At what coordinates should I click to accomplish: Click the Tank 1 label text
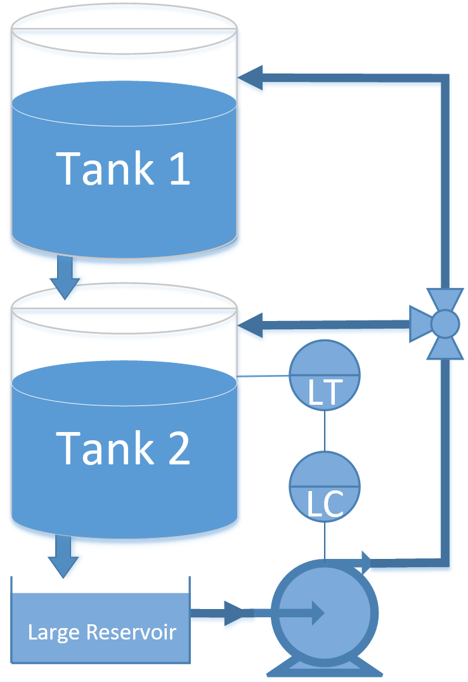coord(124,168)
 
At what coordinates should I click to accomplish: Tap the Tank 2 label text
coord(124,447)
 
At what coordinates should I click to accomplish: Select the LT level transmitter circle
coord(325,375)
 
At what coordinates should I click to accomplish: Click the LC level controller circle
coord(325,486)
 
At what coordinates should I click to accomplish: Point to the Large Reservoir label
coord(101,632)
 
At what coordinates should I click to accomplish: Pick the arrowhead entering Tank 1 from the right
coord(251,77)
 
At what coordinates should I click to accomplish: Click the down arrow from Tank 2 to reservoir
coord(63,558)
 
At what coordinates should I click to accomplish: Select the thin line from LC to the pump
coord(325,539)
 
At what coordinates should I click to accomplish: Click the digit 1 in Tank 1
coord(180,169)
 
